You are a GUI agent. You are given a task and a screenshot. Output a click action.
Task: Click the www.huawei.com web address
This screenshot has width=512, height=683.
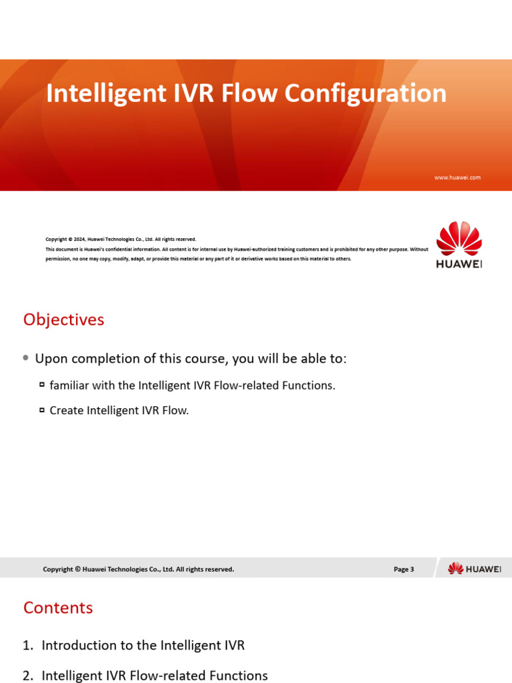(457, 177)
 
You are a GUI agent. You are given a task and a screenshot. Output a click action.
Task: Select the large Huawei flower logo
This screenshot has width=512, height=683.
(459, 239)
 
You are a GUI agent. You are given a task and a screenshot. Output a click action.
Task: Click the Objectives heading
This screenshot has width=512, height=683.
(63, 319)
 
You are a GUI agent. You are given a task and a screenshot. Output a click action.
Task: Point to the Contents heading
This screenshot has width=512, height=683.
(58, 608)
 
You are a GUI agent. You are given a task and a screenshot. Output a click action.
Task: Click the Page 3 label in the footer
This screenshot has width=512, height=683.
(403, 569)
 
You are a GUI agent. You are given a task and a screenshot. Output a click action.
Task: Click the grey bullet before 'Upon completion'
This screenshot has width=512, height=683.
(25, 358)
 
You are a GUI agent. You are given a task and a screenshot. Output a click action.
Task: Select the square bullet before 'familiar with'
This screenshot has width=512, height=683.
(42, 385)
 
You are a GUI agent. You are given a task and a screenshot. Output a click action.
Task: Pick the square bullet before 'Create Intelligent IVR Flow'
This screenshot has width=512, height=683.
(42, 410)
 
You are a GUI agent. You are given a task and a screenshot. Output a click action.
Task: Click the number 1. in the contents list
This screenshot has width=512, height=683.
(27, 646)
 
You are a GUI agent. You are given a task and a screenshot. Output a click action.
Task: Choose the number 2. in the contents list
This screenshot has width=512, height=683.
(27, 676)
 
